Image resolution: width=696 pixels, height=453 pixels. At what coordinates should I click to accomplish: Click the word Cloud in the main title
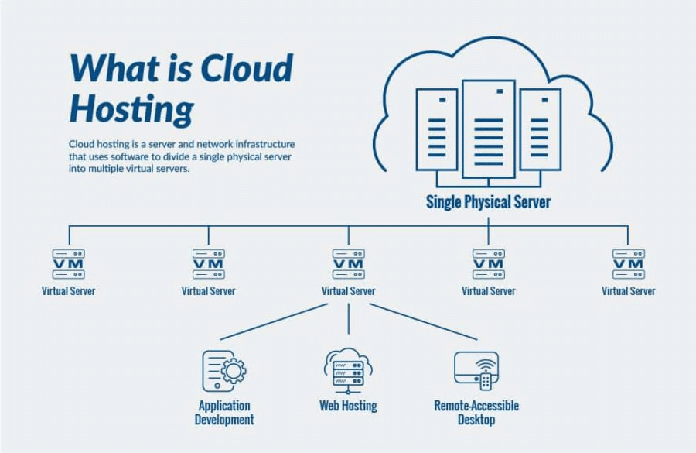(x=247, y=69)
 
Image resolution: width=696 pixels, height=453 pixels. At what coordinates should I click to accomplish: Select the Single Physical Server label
(x=488, y=202)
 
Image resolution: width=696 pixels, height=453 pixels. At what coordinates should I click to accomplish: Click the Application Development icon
(x=223, y=371)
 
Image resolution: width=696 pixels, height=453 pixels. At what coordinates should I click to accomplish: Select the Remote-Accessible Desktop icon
(x=476, y=371)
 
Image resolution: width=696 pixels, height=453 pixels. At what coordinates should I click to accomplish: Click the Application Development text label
(x=224, y=413)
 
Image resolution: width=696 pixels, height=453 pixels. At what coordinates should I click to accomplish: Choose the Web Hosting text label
(x=348, y=406)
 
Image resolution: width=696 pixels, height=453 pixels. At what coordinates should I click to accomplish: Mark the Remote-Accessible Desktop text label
(x=476, y=413)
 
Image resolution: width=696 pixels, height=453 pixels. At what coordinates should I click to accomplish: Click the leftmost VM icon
(x=68, y=264)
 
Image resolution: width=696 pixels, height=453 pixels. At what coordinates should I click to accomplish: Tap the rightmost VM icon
(x=628, y=264)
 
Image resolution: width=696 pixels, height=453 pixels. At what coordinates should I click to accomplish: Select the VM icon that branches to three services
(x=348, y=264)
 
